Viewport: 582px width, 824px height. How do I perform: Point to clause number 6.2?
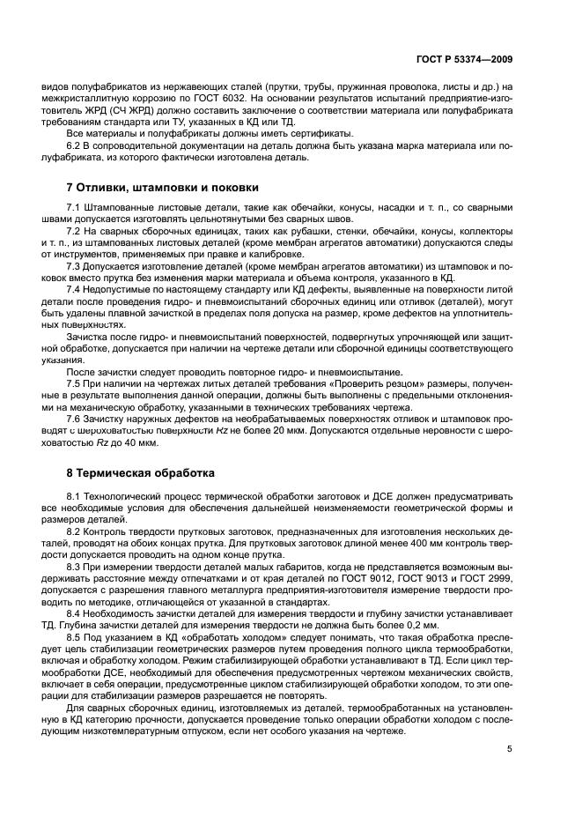[x=74, y=144]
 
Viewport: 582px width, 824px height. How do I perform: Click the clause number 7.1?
[x=74, y=208]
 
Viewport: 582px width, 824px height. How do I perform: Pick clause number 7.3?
[x=74, y=264]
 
